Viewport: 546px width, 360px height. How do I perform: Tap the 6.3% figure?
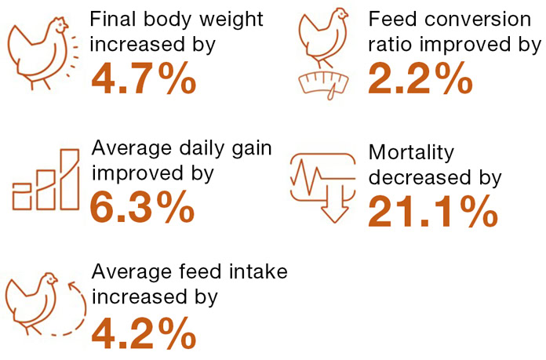(x=143, y=207)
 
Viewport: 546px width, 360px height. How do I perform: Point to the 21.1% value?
(x=432, y=211)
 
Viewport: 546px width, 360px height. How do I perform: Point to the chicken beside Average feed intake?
(x=31, y=302)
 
